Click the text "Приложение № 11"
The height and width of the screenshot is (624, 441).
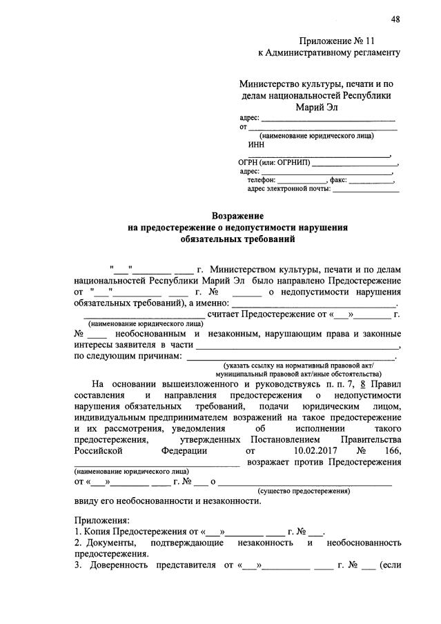(x=338, y=40)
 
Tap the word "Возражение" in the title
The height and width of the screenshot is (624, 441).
(x=237, y=216)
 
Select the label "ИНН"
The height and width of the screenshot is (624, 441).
(x=255, y=145)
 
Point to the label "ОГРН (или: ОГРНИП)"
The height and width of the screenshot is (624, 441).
(x=274, y=163)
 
